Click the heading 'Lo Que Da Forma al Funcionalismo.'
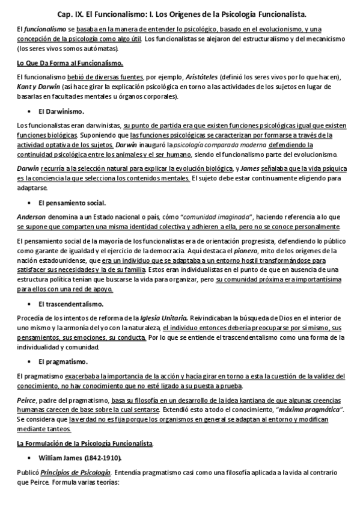coord(70,63)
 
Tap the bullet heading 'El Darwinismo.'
coord(61,111)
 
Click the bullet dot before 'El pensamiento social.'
coord(29,203)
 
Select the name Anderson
coord(31,217)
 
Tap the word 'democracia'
coord(186,250)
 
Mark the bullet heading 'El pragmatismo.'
coord(63,361)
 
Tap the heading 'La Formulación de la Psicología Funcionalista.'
coord(85,443)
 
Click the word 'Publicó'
coord(28,472)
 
